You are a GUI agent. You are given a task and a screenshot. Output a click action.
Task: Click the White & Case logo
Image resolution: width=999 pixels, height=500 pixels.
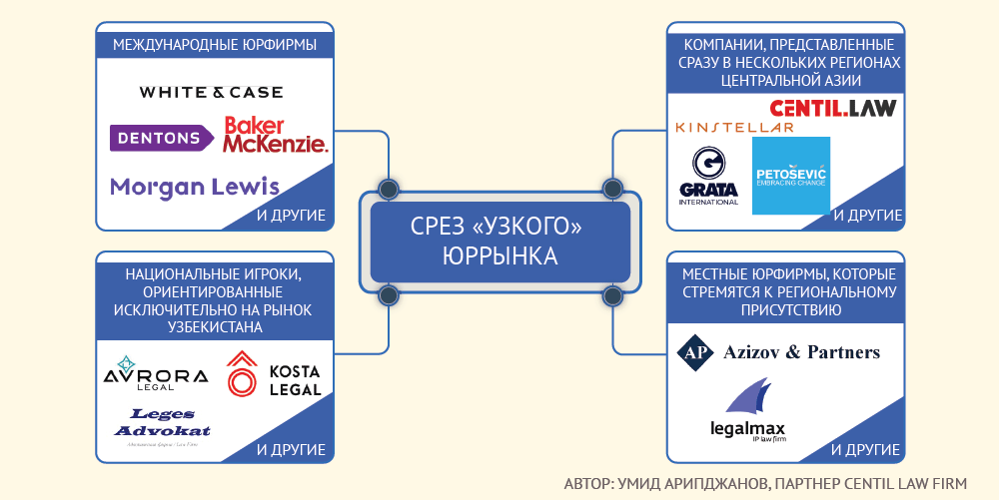(211, 92)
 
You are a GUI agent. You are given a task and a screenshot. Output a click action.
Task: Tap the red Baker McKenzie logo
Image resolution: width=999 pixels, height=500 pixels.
(275, 135)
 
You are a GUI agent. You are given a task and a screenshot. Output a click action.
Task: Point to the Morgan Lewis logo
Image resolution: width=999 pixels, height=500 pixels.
(195, 187)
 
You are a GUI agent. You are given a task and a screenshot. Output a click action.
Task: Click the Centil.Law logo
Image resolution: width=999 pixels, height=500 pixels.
(832, 108)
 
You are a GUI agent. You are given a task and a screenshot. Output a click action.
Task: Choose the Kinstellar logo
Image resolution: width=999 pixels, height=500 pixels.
(734, 128)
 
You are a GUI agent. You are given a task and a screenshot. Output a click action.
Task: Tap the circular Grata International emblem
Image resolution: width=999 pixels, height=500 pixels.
(708, 162)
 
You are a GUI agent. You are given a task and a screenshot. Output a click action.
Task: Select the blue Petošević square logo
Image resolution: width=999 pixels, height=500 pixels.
(790, 176)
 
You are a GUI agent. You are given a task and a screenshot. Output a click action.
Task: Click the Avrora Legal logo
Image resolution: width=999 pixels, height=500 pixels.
(156, 374)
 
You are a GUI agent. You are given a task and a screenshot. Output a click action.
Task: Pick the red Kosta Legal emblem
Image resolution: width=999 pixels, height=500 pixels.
(241, 374)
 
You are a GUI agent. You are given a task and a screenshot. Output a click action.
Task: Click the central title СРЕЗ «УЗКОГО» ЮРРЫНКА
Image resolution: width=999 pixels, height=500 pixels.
(499, 242)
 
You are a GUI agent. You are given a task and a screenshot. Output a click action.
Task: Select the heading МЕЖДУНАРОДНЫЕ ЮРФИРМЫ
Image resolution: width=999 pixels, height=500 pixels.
(215, 45)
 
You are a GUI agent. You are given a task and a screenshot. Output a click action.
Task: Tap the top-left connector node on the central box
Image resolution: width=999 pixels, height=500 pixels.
(389, 188)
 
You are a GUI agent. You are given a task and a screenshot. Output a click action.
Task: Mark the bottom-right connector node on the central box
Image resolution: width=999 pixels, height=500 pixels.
(610, 295)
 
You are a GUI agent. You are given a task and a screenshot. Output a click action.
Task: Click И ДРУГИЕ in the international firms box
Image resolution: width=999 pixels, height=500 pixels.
(291, 215)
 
